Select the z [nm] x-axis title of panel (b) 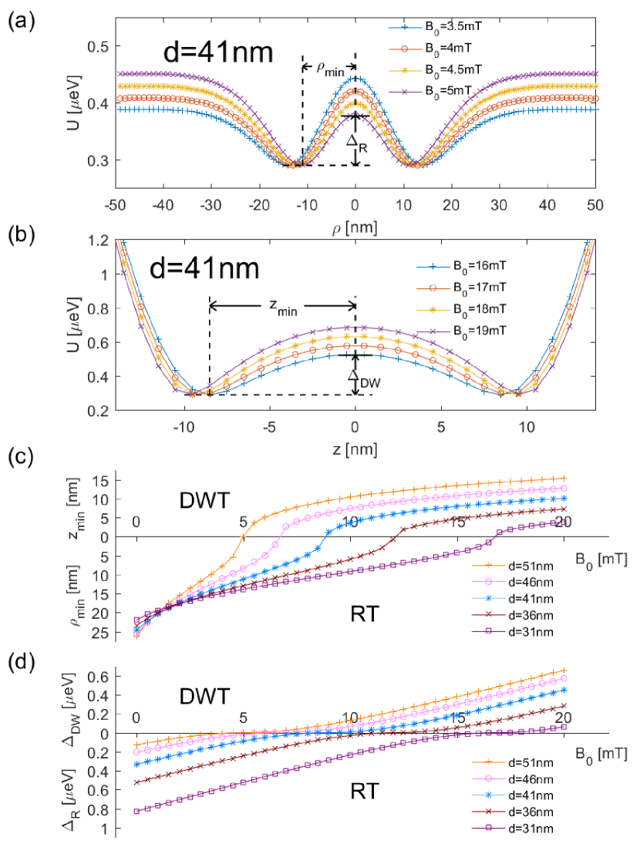pyautogui.click(x=354, y=449)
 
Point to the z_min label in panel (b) pyautogui.click(x=282, y=308)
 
